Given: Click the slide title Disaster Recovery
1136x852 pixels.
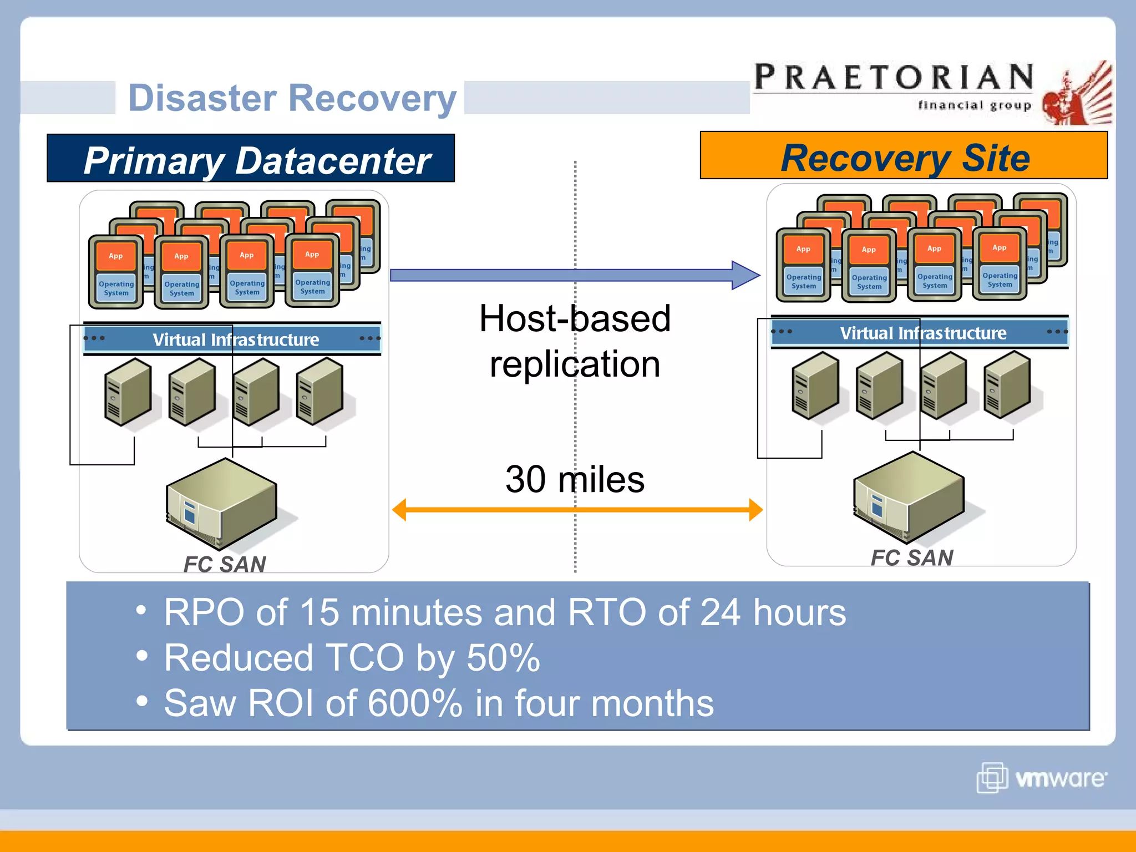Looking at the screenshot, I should pyautogui.click(x=292, y=98).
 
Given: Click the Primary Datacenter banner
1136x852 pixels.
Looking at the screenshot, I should pyautogui.click(x=251, y=159).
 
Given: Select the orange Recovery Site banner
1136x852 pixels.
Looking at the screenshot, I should pyautogui.click(x=904, y=157).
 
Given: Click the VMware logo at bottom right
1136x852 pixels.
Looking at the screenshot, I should pyautogui.click(x=1042, y=778).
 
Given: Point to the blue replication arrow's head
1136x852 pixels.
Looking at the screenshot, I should pyautogui.click(x=746, y=275).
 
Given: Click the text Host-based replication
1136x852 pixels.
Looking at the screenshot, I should pyautogui.click(x=575, y=341).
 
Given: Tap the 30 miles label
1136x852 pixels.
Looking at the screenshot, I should pyautogui.click(x=575, y=479).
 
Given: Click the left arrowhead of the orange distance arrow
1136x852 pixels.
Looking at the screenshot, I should pyautogui.click(x=399, y=510).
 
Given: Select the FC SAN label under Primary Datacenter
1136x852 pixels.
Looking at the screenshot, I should pyautogui.click(x=225, y=564).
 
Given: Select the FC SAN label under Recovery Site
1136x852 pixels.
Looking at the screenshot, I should pyautogui.click(x=912, y=557).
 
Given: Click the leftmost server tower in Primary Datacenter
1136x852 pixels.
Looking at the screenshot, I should pyautogui.click(x=128, y=392).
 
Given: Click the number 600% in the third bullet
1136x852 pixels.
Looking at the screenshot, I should pyautogui.click(x=415, y=703).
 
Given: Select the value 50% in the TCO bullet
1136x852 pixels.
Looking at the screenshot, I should pyautogui.click(x=503, y=658).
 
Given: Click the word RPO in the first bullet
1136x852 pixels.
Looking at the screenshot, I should pyautogui.click(x=204, y=612).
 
